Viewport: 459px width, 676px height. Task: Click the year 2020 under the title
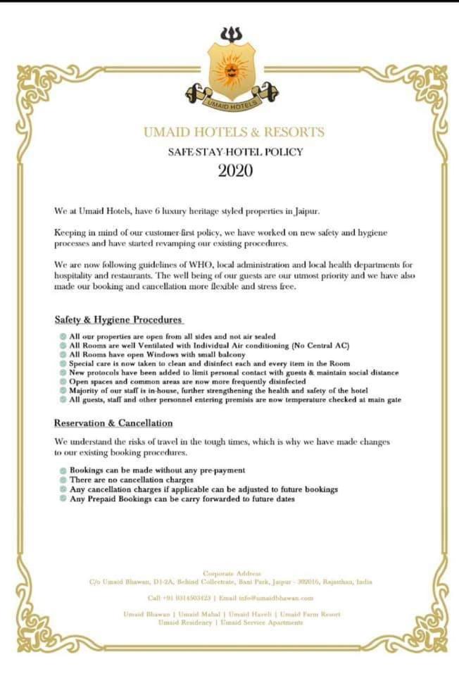234,171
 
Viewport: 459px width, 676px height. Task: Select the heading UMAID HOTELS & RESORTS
234,132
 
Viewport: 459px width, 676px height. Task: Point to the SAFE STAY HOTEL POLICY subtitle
234,151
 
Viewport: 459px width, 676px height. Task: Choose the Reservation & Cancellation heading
113,423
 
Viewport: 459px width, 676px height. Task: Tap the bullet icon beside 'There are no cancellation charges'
63,480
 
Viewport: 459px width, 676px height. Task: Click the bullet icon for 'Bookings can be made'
63,470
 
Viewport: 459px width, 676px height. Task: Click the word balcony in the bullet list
213,354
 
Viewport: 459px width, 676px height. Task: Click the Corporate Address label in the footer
231,574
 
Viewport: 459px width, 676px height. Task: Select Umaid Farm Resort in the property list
313,614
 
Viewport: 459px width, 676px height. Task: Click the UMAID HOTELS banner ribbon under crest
231,104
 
